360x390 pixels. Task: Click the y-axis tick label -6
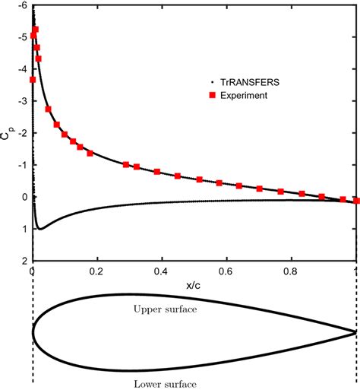23,5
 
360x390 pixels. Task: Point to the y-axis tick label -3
23,101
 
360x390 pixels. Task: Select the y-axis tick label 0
24,197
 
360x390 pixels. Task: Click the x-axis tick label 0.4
162,269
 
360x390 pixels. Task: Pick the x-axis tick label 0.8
292,269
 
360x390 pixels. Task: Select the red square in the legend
201,96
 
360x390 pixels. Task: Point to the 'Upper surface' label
164,309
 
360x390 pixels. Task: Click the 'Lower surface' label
164,383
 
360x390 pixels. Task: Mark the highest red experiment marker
35,30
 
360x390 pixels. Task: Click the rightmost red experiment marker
357,201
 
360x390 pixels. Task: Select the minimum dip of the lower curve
40,229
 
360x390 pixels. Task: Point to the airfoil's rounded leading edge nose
33,332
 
